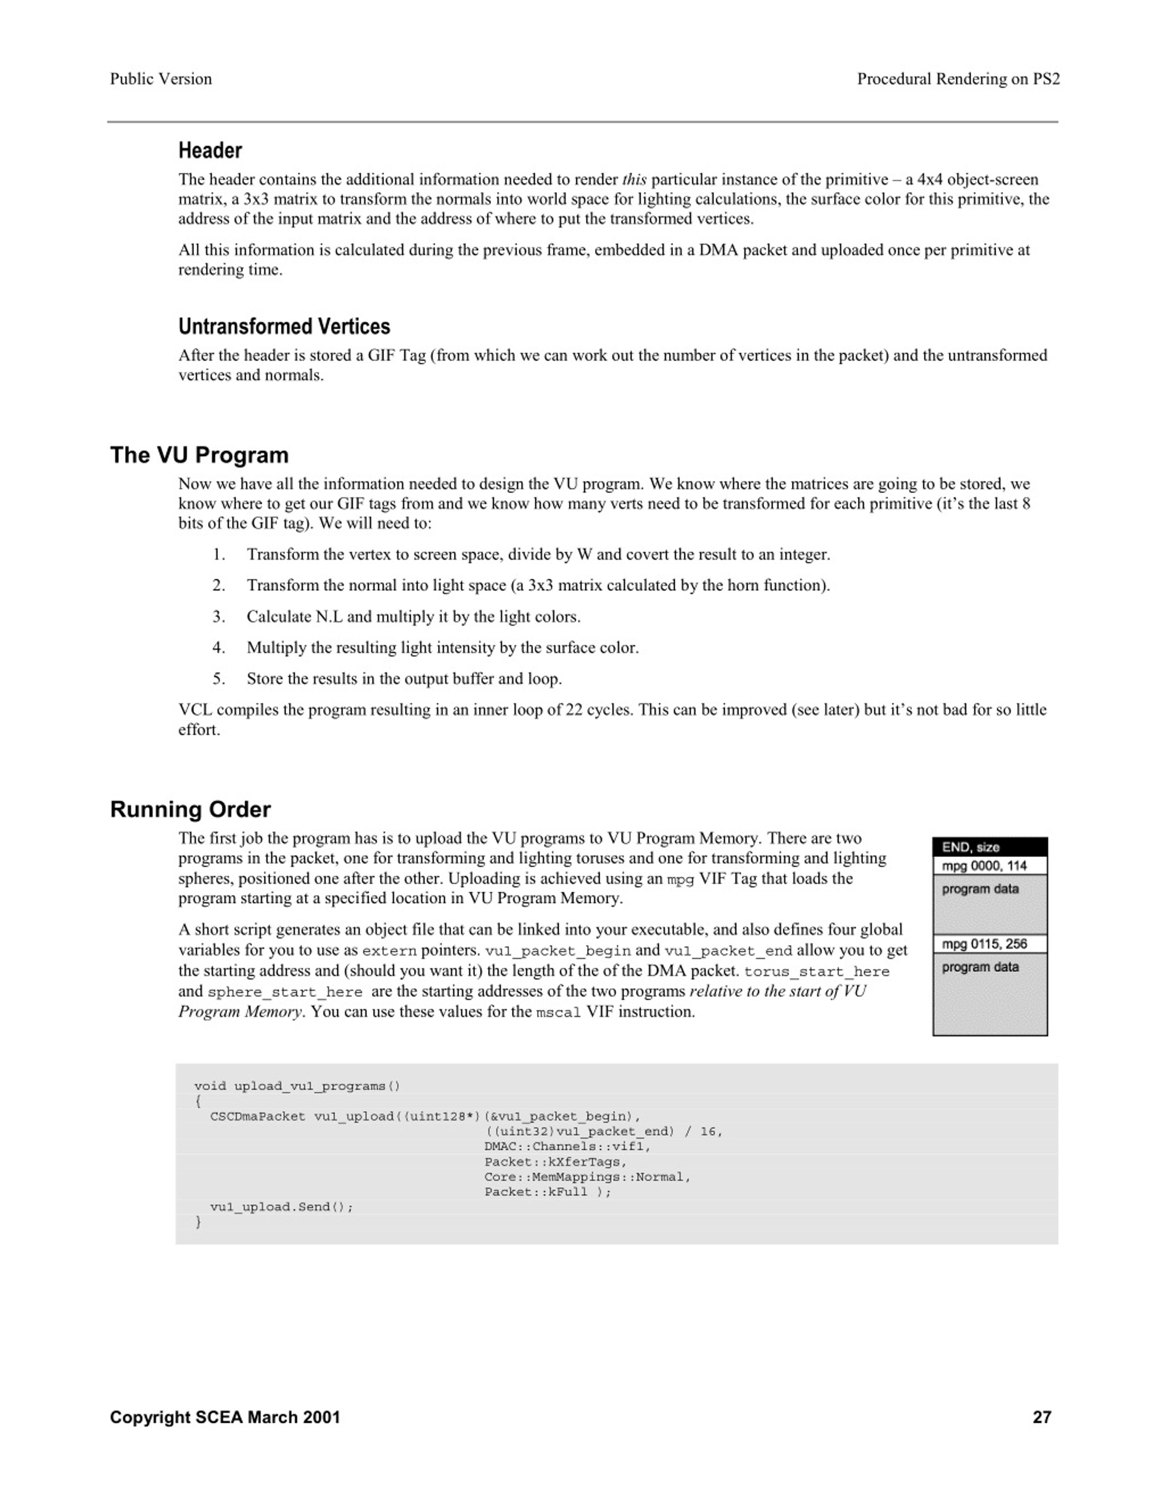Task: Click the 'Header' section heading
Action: (x=210, y=151)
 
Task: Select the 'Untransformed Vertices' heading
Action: (x=284, y=327)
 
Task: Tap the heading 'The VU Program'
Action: (x=199, y=455)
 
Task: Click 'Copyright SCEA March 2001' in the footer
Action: (x=225, y=1417)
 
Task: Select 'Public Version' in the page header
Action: (x=161, y=79)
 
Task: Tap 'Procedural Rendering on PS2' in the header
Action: (x=958, y=79)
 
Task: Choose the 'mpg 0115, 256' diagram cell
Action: (x=989, y=944)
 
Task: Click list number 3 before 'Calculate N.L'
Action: (x=219, y=617)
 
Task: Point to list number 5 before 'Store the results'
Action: (x=219, y=679)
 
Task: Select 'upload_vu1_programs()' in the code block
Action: (x=317, y=1087)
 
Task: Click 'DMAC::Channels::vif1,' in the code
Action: (x=567, y=1147)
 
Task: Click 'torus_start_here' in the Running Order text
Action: (x=816, y=972)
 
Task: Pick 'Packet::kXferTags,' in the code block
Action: (x=556, y=1162)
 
